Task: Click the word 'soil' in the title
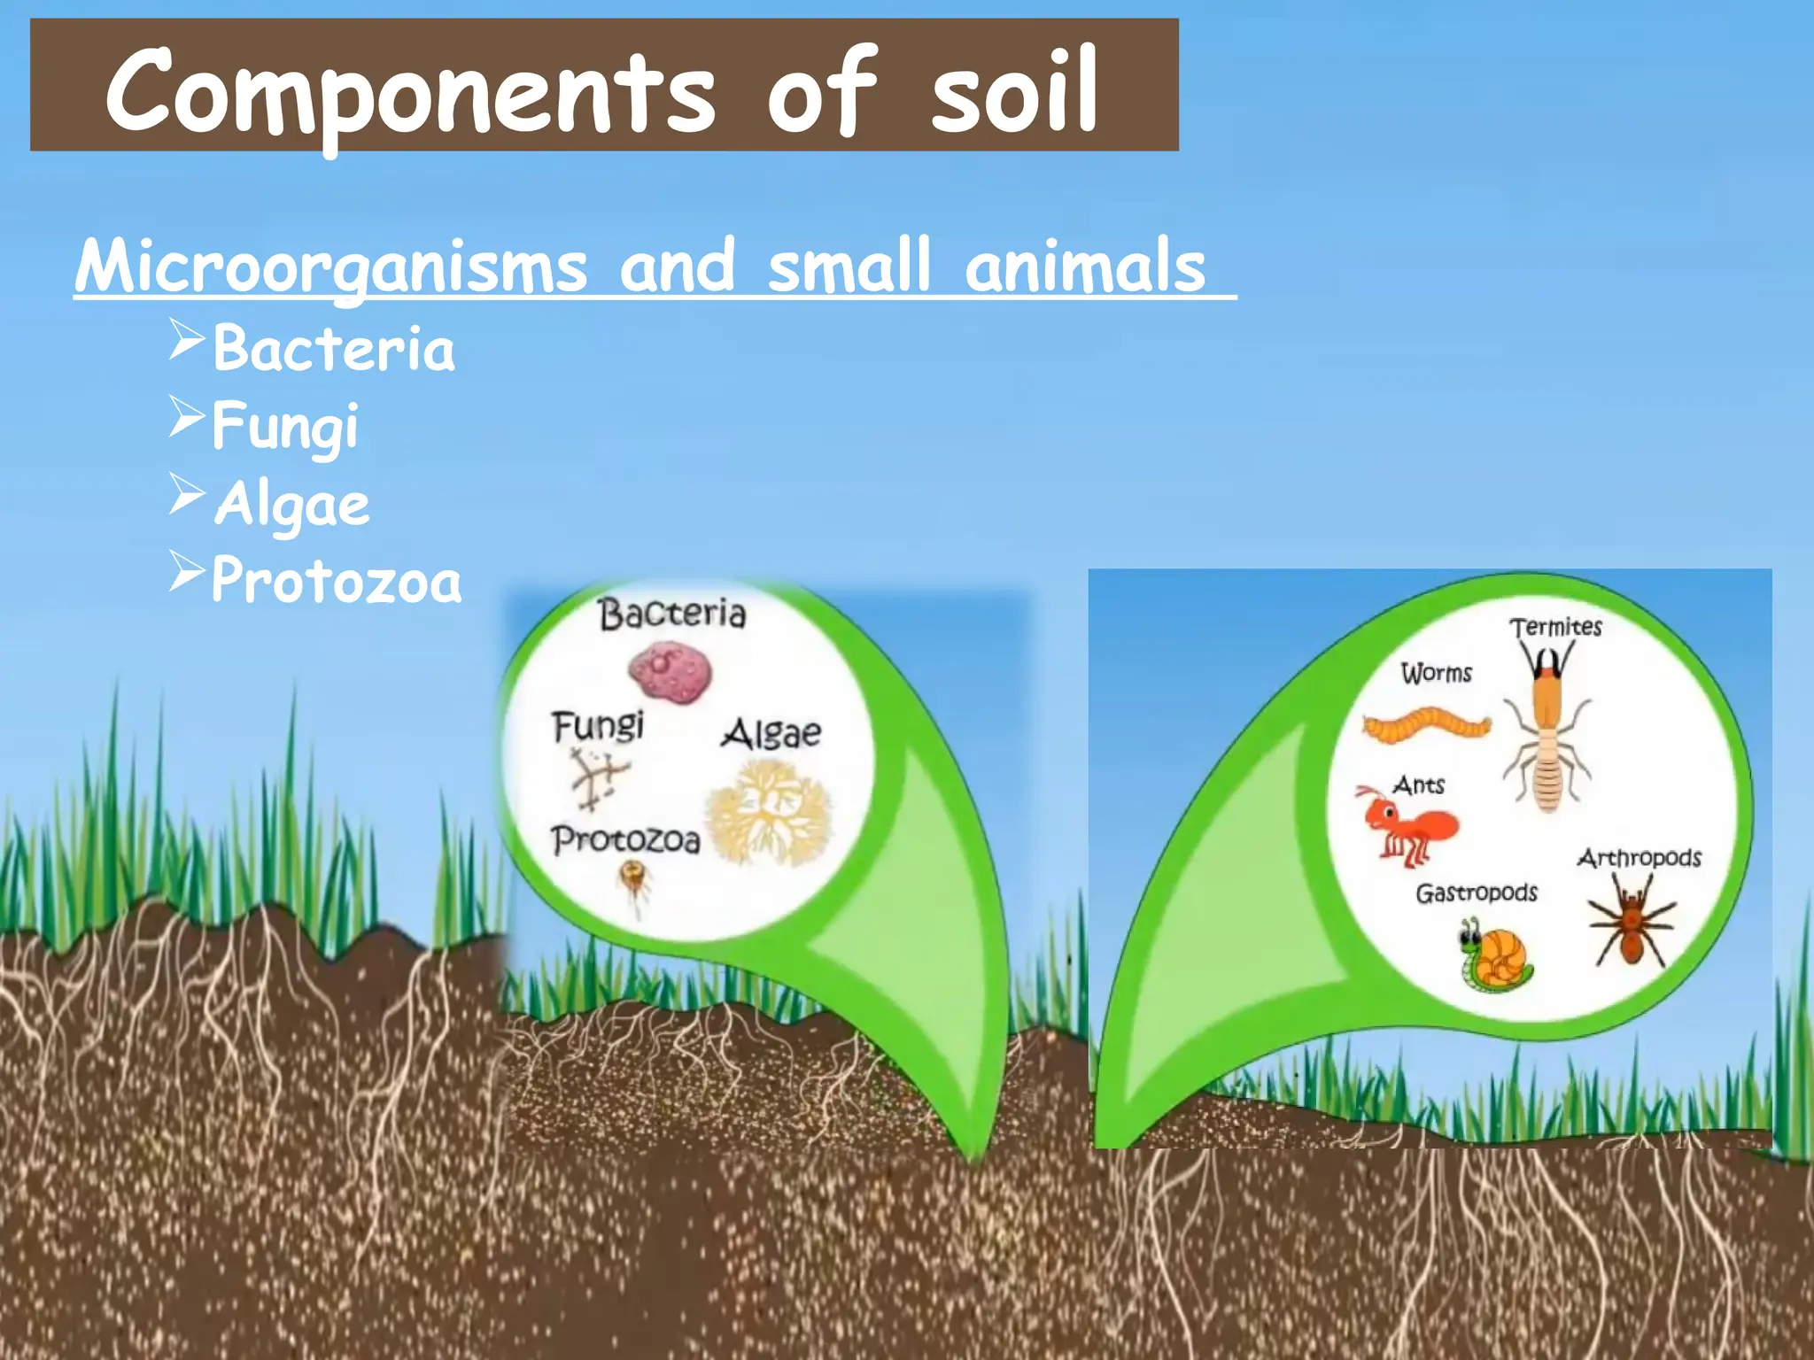[1013, 92]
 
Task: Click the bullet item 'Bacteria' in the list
[333, 349]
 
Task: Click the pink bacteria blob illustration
[671, 673]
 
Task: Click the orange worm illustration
[1426, 725]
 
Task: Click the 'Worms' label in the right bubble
[1436, 674]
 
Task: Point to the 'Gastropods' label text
[1477, 892]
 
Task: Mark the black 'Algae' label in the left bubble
[771, 734]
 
